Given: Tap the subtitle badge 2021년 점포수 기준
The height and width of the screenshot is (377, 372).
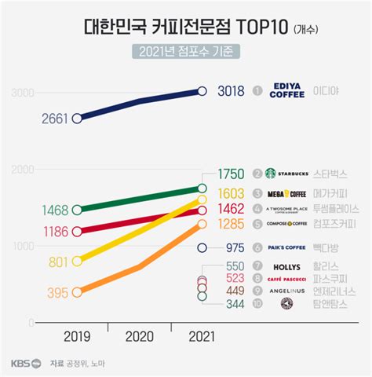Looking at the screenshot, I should [x=185, y=53].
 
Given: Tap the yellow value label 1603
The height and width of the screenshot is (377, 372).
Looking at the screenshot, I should [x=229, y=192].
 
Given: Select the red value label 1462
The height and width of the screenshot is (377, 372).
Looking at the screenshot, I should [x=229, y=209].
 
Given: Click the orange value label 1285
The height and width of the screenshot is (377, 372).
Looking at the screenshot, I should [x=229, y=225].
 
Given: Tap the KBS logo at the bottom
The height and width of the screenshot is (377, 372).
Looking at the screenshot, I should [x=22, y=363].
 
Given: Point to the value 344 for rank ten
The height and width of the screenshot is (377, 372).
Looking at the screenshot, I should [x=232, y=303].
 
